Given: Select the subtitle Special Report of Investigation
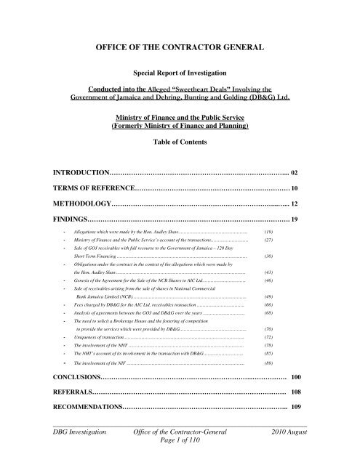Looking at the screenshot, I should coord(180,73).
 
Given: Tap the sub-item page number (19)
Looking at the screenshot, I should coord(268,230).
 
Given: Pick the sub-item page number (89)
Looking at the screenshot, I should coord(268,362).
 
